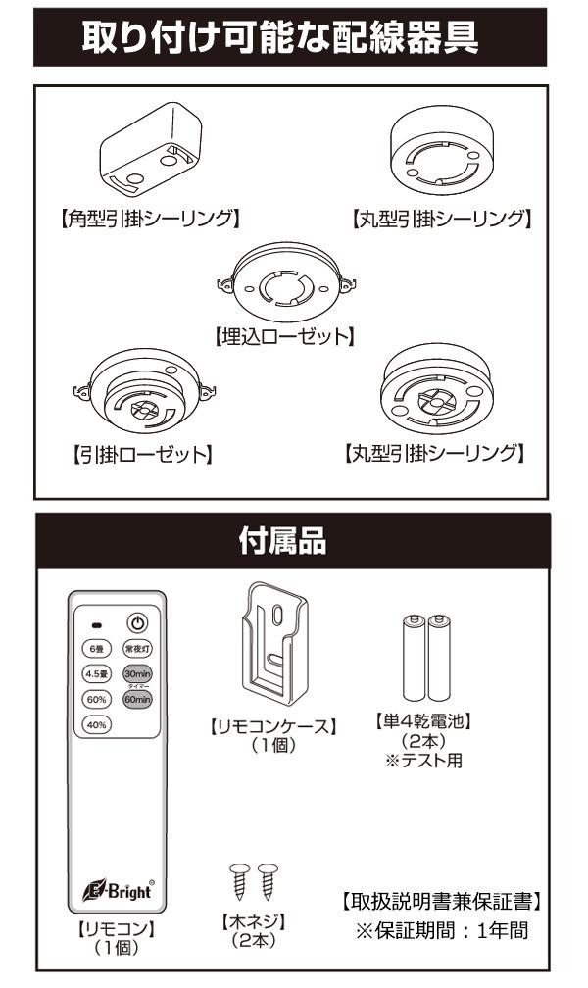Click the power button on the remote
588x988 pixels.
click(x=137, y=622)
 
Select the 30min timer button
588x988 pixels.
click(x=137, y=674)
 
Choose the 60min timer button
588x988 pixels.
click(x=137, y=700)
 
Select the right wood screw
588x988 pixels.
click(x=266, y=883)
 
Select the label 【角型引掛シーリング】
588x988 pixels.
click(x=144, y=217)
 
